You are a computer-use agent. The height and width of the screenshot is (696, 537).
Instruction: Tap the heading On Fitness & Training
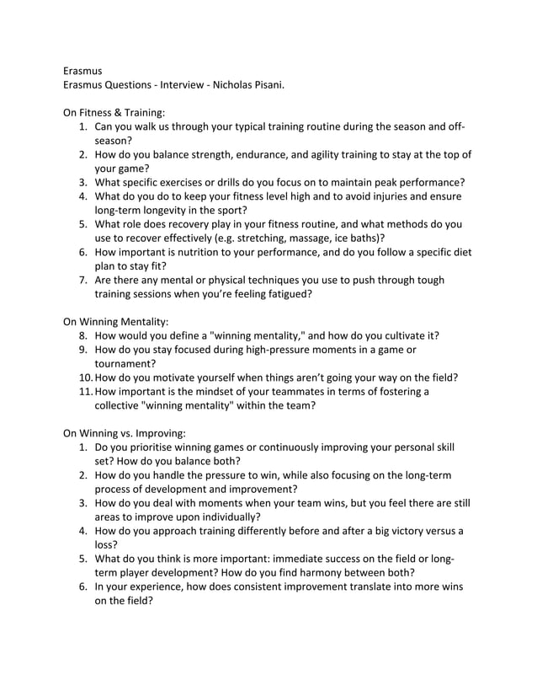coord(115,111)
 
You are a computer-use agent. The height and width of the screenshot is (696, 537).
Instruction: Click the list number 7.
coord(84,280)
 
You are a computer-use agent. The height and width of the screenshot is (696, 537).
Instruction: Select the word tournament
coord(125,363)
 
